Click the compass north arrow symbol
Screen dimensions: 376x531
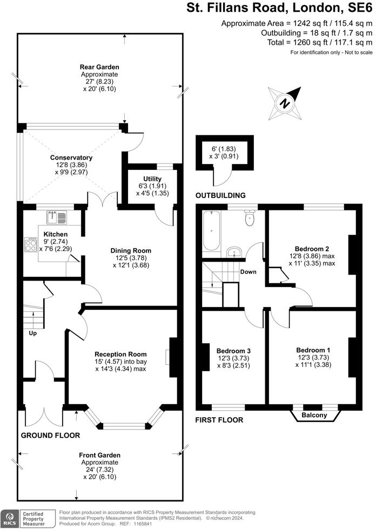coord(285,103)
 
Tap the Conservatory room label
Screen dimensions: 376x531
coord(71,158)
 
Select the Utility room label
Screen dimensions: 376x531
coord(152,179)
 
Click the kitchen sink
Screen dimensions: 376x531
coord(57,217)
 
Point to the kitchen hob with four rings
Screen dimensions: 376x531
coord(30,245)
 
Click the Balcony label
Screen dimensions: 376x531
coord(314,415)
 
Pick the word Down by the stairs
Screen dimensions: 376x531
coord(248,271)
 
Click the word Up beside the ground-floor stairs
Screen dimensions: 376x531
coord(32,333)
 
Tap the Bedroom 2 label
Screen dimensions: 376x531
coord(312,249)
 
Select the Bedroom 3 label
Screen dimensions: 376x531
coord(233,351)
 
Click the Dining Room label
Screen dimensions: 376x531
coord(131,250)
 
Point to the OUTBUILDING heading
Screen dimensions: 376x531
coord(220,195)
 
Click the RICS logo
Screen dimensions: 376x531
coord(10,518)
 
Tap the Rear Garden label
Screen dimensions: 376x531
coord(99,67)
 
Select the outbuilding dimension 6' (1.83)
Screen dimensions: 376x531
coord(224,148)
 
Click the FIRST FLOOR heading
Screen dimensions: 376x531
coord(219,420)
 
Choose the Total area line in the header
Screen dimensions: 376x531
coord(320,42)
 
